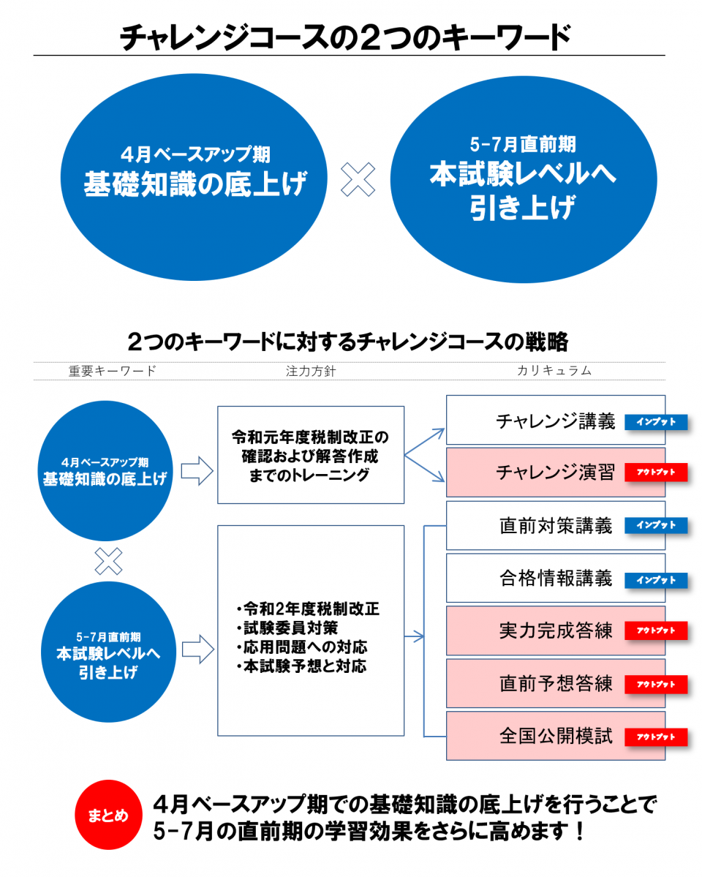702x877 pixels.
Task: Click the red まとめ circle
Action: click(x=107, y=815)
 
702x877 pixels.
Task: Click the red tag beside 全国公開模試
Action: click(x=656, y=737)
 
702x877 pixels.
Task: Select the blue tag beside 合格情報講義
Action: click(x=656, y=580)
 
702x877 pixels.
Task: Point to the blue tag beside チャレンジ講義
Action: click(x=656, y=422)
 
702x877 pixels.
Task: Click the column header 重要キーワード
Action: click(x=112, y=371)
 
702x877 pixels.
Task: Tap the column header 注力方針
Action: click(x=310, y=371)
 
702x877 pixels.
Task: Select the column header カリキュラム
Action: click(x=554, y=371)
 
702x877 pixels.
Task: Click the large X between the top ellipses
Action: click(x=358, y=179)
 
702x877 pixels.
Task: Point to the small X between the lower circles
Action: click(x=108, y=561)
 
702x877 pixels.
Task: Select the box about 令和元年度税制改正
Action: click(x=311, y=455)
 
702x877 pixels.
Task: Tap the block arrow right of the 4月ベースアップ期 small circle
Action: click(x=196, y=470)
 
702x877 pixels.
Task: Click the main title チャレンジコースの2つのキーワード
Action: click(x=344, y=37)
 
